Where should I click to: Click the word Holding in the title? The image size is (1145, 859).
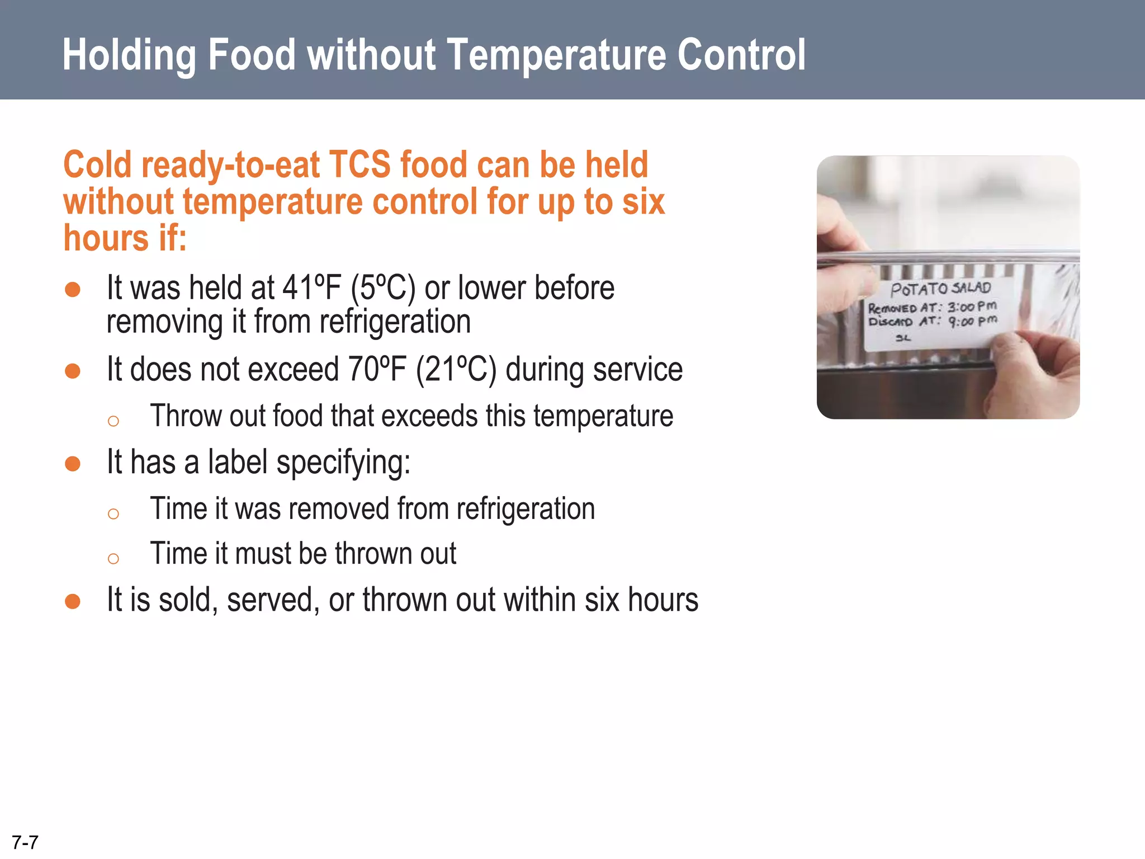(129, 55)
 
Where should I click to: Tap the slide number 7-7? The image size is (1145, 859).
(25, 842)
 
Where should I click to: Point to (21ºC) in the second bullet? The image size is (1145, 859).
(456, 370)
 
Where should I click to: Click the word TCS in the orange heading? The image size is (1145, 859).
(359, 165)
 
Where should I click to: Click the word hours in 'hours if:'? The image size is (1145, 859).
(106, 238)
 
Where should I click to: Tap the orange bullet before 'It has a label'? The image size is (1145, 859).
(73, 463)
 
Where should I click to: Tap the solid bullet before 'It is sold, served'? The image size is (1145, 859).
(73, 601)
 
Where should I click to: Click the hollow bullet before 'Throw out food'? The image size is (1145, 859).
(113, 421)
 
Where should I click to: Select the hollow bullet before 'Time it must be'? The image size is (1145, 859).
(113, 558)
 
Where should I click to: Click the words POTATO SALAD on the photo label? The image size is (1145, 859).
(940, 289)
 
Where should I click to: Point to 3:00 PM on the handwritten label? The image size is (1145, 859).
(972, 306)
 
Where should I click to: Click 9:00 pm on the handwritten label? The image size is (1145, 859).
(973, 321)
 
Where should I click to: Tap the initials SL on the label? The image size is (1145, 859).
(903, 338)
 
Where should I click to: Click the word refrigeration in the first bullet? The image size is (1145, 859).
(395, 322)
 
